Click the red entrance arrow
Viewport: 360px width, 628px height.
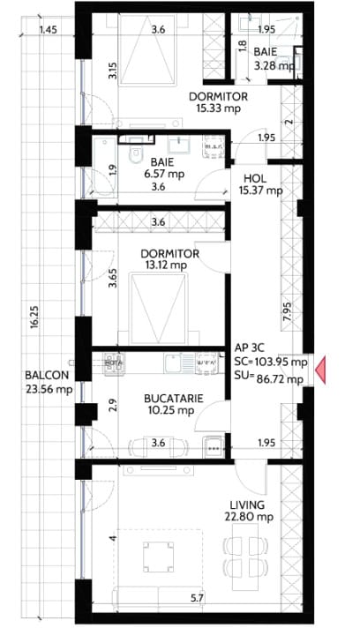pos(320,370)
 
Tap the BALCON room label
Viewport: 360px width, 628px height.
pos(47,375)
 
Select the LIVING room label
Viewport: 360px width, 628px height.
pos(247,505)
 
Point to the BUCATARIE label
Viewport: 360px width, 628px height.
pos(174,399)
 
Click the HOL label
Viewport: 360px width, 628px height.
pos(254,179)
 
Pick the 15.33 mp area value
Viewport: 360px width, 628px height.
pos(218,108)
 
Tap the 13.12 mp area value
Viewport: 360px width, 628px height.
pos(169,265)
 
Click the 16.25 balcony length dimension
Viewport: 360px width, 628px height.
pos(34,318)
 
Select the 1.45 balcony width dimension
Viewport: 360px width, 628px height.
pos(48,29)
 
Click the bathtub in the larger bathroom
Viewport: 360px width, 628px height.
pos(104,166)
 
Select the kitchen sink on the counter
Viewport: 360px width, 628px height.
pos(175,363)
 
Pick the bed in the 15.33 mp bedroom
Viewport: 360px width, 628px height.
pos(148,49)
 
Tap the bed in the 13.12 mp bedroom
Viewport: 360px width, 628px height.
pos(159,308)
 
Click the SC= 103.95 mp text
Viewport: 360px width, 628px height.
pos(271,362)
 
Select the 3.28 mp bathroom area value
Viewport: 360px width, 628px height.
pos(274,65)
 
